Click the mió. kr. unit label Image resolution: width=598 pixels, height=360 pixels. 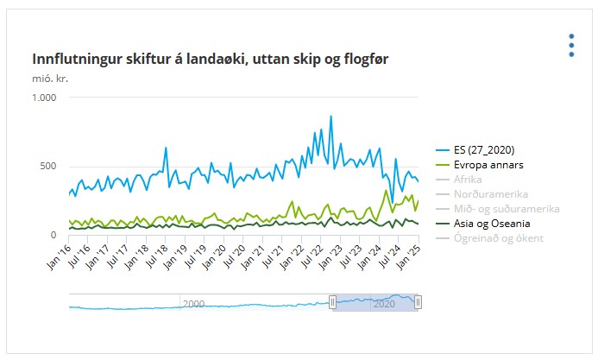click(50, 79)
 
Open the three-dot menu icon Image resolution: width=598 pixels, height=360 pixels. click(571, 46)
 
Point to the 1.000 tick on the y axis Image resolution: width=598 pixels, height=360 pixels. click(43, 98)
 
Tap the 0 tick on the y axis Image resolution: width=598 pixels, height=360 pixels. click(54, 235)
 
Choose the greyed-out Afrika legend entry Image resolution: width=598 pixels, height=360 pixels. click(468, 179)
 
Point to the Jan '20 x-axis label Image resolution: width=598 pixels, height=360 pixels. click(214, 257)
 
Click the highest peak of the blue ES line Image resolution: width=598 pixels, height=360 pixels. click(330, 116)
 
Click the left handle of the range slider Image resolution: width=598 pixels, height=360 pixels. click(332, 302)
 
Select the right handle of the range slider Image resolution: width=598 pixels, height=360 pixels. click(419, 302)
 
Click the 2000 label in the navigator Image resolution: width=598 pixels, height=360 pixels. click(193, 304)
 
